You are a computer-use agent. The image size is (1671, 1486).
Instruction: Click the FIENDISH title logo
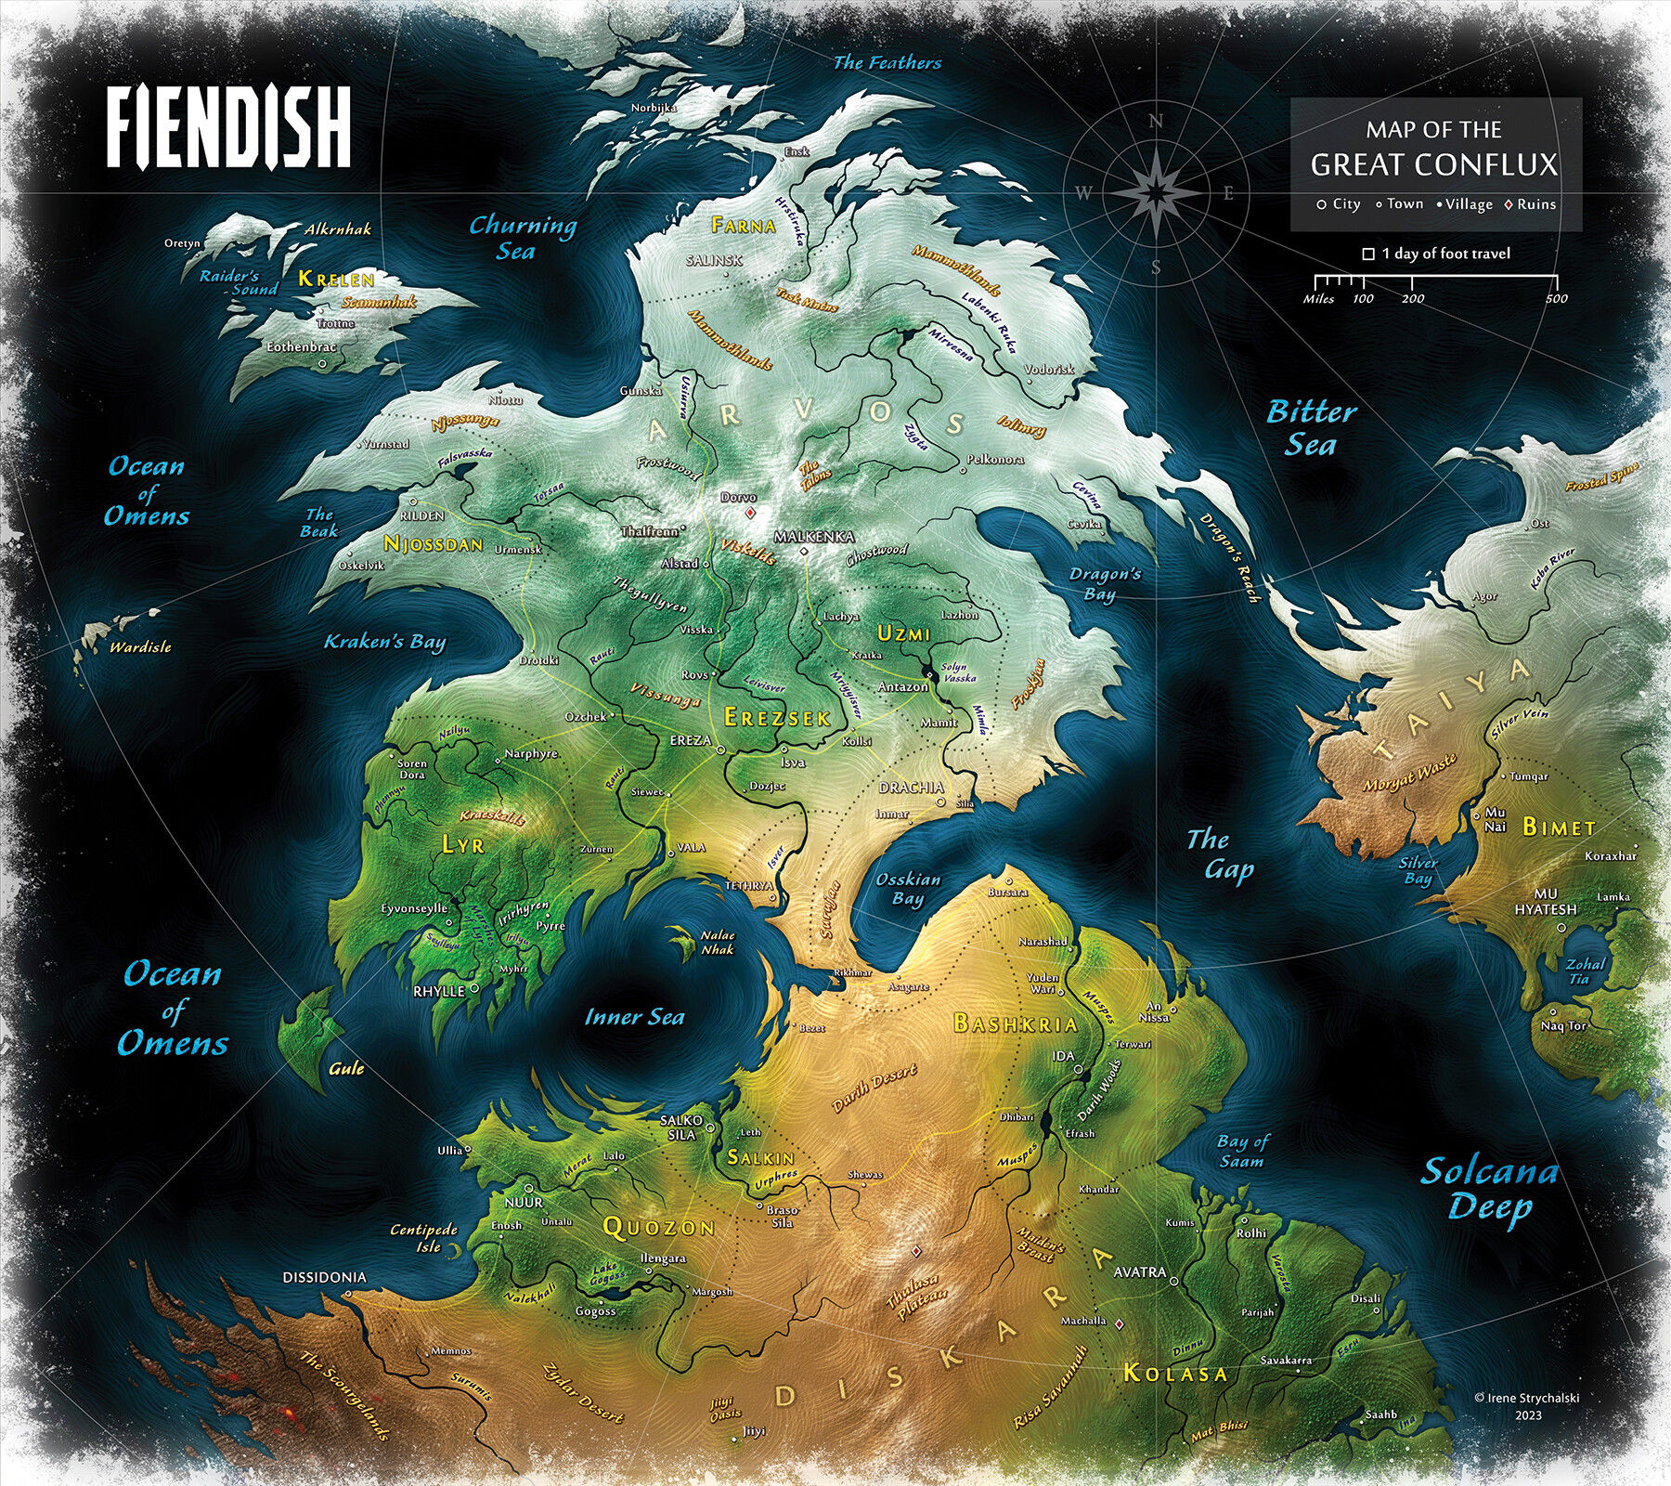tap(228, 127)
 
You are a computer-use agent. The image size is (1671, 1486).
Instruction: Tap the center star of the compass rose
tap(1156, 192)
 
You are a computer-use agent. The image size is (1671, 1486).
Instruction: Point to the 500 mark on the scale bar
tap(1557, 298)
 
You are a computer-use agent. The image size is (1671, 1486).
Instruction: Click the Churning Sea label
tap(522, 238)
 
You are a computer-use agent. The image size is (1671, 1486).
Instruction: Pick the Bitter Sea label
tap(1311, 428)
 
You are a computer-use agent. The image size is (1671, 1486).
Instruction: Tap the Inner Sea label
tap(634, 1017)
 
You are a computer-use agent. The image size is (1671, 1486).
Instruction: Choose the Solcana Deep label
tap(1489, 1190)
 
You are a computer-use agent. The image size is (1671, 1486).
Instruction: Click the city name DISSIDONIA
tap(324, 1277)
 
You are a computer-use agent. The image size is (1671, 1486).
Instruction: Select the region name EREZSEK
tap(777, 717)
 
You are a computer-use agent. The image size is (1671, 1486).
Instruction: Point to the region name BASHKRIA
tap(1016, 1023)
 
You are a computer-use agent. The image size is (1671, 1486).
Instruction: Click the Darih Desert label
tap(874, 1088)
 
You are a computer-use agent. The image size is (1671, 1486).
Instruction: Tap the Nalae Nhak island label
tap(717, 943)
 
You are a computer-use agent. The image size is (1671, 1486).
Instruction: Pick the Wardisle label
tap(140, 646)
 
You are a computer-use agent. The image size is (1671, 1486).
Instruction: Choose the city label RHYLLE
tap(439, 991)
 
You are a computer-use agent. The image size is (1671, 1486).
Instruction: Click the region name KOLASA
tap(1175, 1373)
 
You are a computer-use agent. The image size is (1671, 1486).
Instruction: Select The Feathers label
tap(887, 63)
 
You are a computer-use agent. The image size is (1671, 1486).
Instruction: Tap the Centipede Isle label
tap(424, 1238)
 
